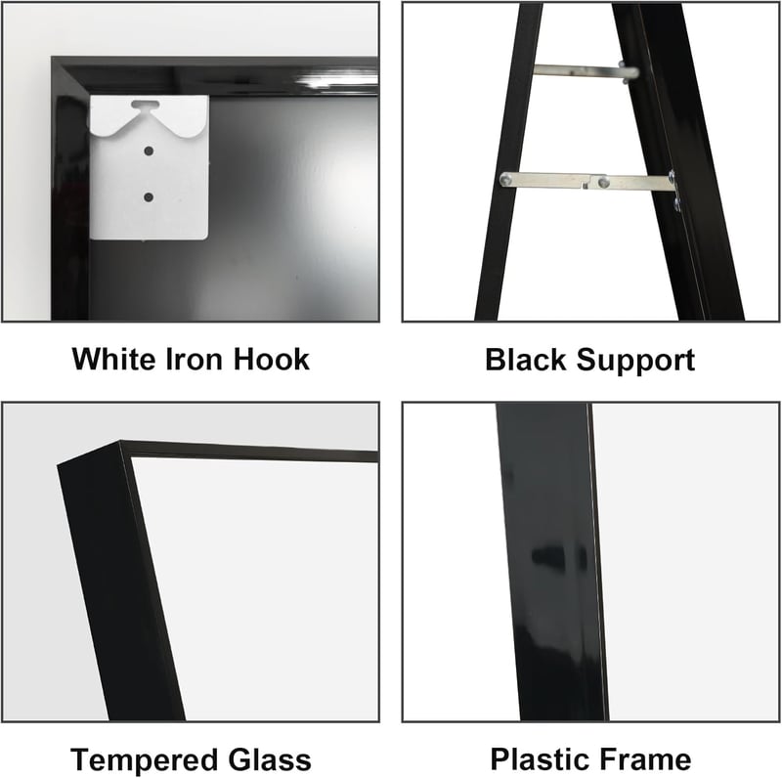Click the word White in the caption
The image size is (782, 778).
114,359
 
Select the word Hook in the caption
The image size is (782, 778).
272,359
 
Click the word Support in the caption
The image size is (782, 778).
635,361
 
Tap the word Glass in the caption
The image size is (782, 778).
270,760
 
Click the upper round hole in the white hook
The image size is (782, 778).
149,151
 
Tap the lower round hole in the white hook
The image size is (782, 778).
149,197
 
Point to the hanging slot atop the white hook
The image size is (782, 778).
146,106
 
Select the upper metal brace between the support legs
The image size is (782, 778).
586,71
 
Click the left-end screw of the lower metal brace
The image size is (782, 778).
506,180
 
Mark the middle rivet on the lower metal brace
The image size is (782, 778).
604,182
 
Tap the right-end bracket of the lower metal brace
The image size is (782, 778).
673,191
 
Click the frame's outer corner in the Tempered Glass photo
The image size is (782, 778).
120,442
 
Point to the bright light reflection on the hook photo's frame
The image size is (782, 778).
336,81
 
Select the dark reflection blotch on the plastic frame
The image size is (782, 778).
558,557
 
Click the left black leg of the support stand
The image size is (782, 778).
508,162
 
